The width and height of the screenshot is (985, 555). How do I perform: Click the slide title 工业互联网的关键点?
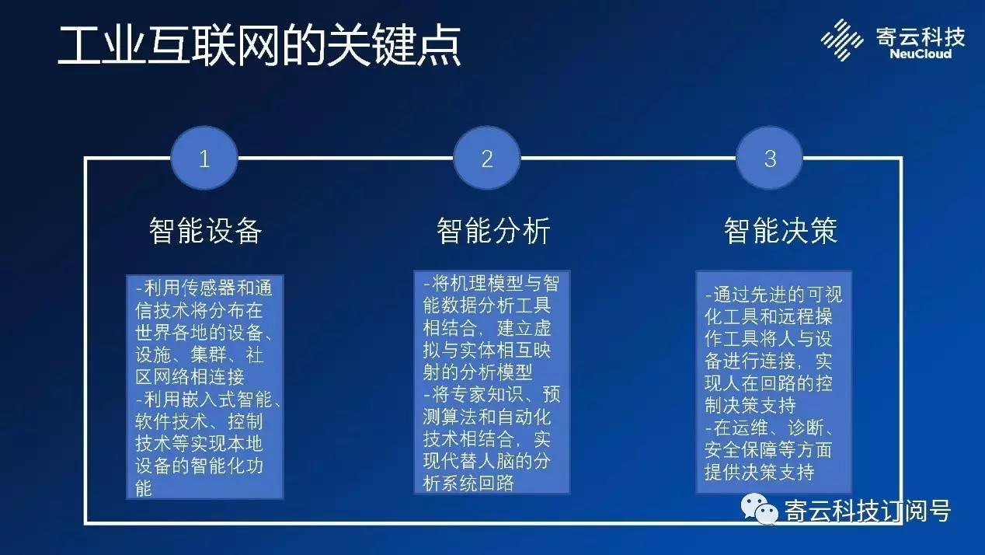tap(259, 46)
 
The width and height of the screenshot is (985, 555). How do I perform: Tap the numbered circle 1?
tap(204, 159)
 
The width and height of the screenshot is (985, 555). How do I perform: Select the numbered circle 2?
tap(487, 159)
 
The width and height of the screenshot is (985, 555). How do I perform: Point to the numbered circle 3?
tap(770, 159)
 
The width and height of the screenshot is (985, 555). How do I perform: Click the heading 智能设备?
tap(205, 230)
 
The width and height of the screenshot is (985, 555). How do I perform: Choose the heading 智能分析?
tap(493, 230)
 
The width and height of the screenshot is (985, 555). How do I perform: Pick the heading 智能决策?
tap(781, 230)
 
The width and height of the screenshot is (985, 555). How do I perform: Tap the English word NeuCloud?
tap(921, 54)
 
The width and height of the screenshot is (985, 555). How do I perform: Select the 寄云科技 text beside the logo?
tap(921, 36)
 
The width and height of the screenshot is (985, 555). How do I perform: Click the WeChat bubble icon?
tap(760, 509)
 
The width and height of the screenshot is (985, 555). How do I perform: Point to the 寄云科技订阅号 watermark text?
tap(868, 511)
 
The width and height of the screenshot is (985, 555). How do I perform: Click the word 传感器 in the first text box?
tap(208, 288)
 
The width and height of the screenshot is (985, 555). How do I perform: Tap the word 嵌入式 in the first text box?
tap(208, 400)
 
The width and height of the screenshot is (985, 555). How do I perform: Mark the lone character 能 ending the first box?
tap(144, 489)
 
